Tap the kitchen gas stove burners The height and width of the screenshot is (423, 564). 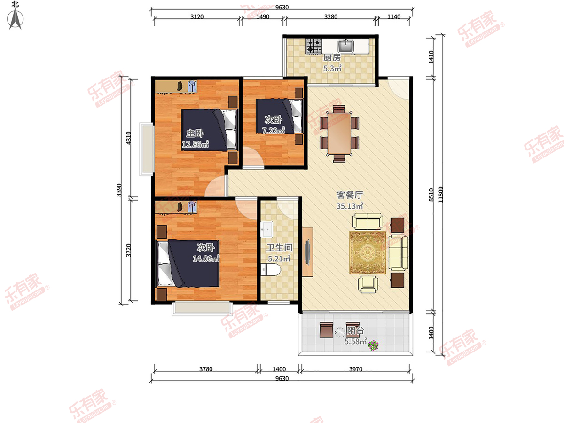(x=314, y=46)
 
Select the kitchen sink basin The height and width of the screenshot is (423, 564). (x=346, y=46)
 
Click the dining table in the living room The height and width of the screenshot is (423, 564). (x=339, y=133)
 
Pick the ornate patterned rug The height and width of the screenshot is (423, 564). (x=368, y=253)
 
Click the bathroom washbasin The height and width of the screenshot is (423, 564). (x=266, y=229)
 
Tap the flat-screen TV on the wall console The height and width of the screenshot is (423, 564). (x=307, y=252)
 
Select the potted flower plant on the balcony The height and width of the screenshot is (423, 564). (x=373, y=345)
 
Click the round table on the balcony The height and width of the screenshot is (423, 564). (x=340, y=332)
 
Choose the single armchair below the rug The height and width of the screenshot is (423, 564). (x=368, y=284)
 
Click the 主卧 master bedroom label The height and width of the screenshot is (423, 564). (x=195, y=133)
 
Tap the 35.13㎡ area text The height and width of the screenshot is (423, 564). (x=350, y=206)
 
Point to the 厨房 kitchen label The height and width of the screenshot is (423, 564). (x=332, y=57)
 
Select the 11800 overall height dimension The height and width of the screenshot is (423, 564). (x=440, y=195)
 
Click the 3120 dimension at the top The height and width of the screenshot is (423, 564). (x=197, y=17)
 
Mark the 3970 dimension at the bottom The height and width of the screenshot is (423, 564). (x=356, y=369)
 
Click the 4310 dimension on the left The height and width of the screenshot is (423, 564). (x=128, y=138)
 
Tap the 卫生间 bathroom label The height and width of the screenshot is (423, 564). (x=280, y=248)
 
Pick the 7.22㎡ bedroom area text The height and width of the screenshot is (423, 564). (x=274, y=131)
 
